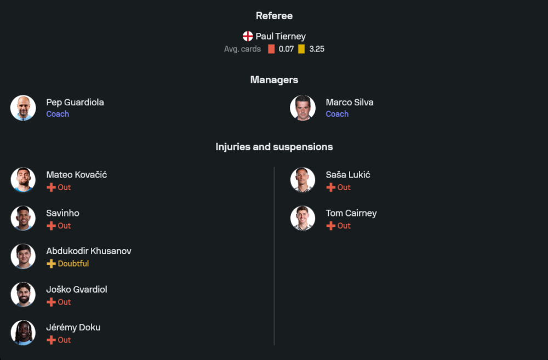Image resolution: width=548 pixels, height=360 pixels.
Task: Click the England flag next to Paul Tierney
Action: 248,36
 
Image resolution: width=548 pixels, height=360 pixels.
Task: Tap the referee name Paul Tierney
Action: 281,36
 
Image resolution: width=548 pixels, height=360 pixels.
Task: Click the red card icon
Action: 271,49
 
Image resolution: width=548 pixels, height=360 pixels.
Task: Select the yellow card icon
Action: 301,49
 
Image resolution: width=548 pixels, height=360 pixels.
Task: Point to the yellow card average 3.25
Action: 317,49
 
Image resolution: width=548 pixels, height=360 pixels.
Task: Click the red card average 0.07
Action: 286,49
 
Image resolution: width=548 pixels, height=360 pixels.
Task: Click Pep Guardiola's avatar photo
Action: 23,108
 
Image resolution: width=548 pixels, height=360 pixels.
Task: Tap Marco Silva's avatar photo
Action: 302,108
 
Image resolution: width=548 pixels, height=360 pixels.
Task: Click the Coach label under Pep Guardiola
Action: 58,114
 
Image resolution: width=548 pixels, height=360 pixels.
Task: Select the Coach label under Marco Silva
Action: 337,114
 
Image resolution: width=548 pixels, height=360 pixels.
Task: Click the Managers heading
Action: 274,79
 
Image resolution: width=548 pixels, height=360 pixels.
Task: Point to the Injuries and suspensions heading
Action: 274,147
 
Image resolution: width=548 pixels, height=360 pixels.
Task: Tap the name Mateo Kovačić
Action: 76,175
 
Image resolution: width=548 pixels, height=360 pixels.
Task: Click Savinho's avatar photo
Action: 23,218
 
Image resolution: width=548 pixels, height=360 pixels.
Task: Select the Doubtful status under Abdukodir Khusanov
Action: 73,264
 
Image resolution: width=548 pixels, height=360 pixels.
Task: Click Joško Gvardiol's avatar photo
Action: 23,295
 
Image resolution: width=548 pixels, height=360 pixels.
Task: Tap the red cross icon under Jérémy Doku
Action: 51,340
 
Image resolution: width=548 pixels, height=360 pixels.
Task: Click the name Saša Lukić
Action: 348,175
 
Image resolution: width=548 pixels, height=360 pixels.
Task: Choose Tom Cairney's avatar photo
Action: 302,218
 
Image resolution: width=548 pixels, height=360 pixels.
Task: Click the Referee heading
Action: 274,16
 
